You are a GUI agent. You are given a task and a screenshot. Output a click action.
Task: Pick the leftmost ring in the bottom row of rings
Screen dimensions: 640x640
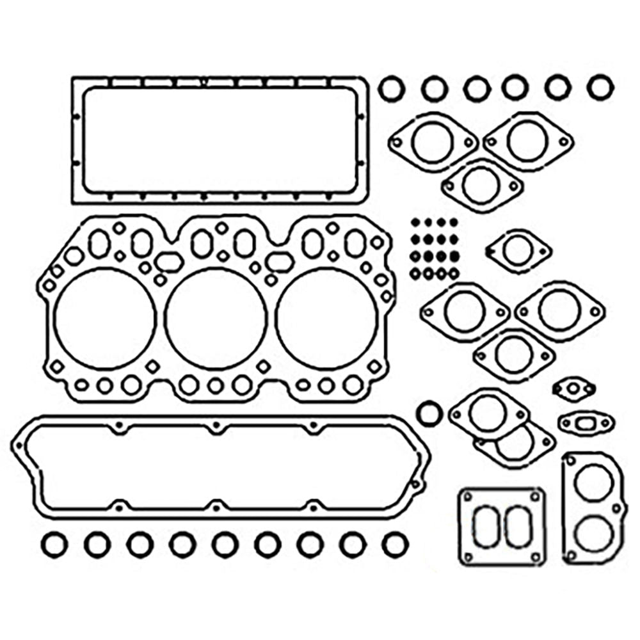pyautogui.click(x=54, y=545)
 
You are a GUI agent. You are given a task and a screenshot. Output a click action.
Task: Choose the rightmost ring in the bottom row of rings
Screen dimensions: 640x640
pyautogui.click(x=395, y=545)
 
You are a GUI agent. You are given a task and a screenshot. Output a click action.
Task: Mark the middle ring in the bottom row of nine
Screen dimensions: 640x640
pyautogui.click(x=225, y=545)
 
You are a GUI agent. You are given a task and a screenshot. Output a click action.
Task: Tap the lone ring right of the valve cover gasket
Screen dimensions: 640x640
pyautogui.click(x=428, y=413)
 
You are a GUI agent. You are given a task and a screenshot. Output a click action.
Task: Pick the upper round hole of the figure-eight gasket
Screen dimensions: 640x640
pyautogui.click(x=593, y=481)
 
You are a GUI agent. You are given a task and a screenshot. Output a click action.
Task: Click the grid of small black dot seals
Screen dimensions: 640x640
pyautogui.click(x=434, y=248)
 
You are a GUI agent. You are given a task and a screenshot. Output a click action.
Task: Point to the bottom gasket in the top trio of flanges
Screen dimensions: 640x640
pyautogui.click(x=481, y=186)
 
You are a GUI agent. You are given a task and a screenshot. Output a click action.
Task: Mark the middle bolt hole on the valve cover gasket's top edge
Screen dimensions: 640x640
pyautogui.click(x=216, y=426)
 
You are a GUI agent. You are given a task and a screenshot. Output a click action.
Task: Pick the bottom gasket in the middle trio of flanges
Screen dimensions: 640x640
pyautogui.click(x=514, y=355)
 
